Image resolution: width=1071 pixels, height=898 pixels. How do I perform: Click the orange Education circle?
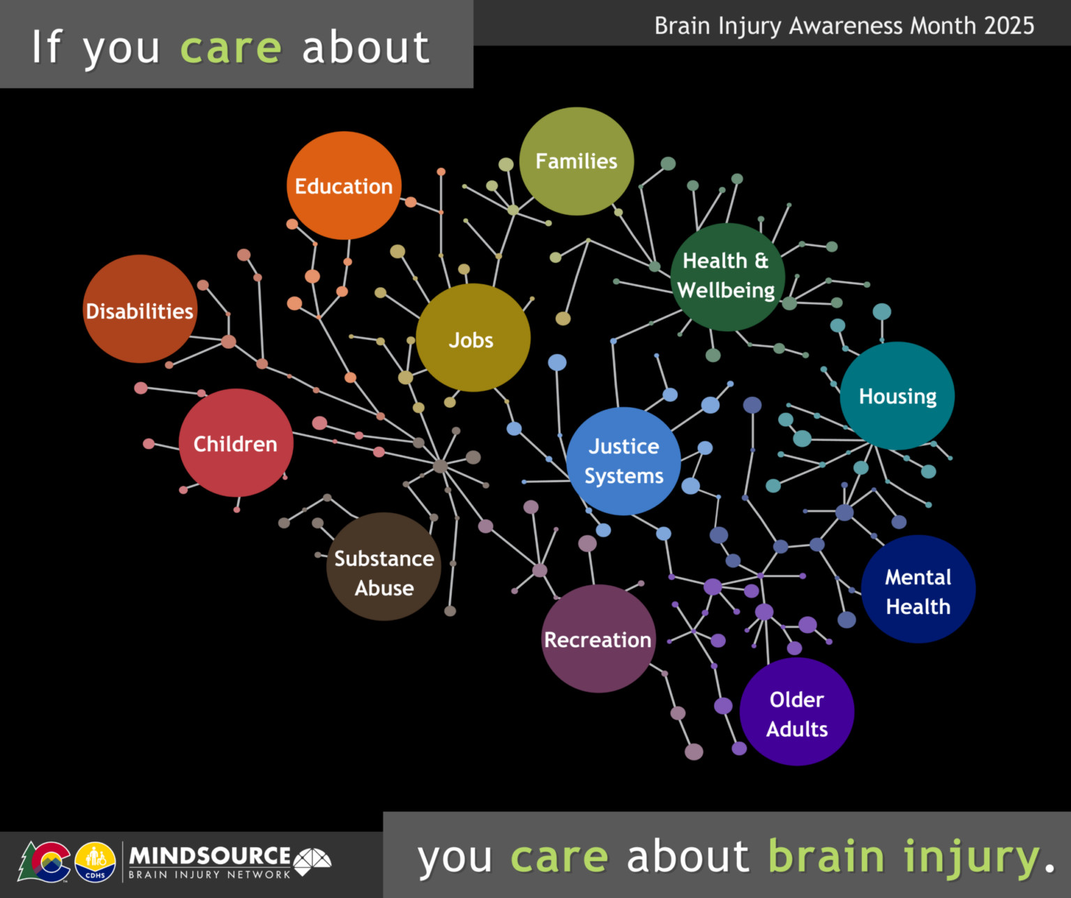coord(344,185)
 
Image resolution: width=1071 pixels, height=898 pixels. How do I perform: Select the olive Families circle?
coord(577,161)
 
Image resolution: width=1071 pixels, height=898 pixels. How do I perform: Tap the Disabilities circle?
coord(140,309)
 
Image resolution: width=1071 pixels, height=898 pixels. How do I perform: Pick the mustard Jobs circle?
coord(473,338)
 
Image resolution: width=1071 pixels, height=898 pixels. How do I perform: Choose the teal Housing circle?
coord(897,395)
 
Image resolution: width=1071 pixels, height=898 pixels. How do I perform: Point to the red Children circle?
coord(236,443)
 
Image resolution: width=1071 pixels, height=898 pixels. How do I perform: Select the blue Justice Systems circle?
coord(623,461)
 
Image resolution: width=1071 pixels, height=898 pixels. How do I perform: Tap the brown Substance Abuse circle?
coord(383,567)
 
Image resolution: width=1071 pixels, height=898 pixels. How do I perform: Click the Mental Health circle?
coord(918,589)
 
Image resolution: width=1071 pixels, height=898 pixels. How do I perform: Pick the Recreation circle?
coord(598,639)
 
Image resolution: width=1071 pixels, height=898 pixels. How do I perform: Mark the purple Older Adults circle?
coord(796,712)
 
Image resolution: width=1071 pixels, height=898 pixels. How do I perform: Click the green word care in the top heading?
coord(231,49)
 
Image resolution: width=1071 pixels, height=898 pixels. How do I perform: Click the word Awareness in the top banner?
coord(846,26)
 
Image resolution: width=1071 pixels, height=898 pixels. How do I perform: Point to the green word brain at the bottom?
coord(826,856)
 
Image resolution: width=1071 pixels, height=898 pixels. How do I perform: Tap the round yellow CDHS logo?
coord(95,862)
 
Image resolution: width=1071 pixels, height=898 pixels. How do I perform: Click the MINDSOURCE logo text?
coord(210,856)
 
